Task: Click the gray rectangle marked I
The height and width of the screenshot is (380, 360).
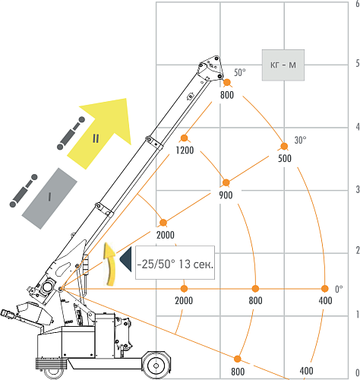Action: click(x=49, y=198)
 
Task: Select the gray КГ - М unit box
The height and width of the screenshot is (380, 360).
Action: click(x=283, y=65)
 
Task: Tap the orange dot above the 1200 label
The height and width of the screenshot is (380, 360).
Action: click(x=185, y=138)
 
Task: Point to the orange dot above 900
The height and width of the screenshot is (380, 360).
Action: click(x=226, y=182)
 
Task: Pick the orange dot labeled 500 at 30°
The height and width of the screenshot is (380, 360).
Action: click(x=284, y=146)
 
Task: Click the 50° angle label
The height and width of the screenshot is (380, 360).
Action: click(x=240, y=72)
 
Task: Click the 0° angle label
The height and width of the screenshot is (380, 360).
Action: click(x=339, y=289)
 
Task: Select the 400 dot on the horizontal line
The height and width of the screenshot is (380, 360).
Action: click(x=325, y=289)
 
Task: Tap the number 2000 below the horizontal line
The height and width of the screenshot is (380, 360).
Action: click(x=184, y=301)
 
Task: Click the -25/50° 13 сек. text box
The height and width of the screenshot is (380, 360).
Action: click(x=175, y=262)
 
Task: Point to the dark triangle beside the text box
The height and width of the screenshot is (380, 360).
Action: click(x=126, y=260)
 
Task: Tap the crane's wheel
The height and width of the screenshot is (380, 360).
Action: click(x=156, y=366)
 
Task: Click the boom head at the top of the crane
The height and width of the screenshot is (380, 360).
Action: click(x=210, y=68)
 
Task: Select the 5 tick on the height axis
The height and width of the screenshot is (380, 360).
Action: click(x=357, y=63)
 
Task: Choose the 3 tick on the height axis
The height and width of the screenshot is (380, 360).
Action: click(x=357, y=189)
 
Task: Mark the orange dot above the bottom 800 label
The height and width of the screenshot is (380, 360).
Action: click(x=238, y=359)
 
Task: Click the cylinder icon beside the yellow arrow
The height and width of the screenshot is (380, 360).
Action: click(x=71, y=133)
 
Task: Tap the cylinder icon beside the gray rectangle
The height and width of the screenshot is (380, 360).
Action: click(x=24, y=191)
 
